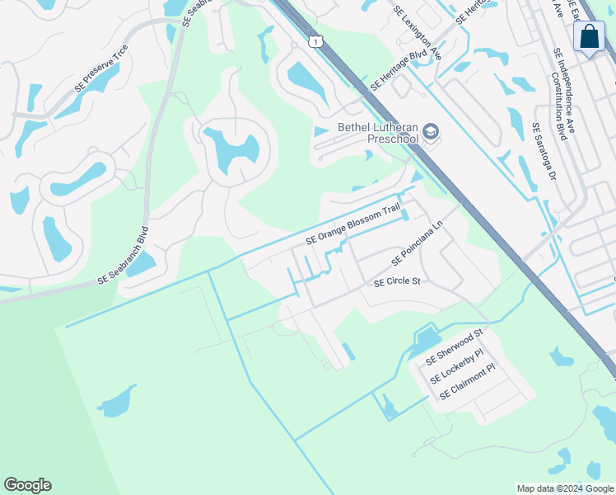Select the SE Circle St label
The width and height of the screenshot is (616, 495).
pos(397,282)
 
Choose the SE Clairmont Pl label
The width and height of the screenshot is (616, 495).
pos(469,384)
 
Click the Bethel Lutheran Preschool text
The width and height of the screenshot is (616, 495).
pos(378,133)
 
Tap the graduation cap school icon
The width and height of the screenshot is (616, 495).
pos(431,132)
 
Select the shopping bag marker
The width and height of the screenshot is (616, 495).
pos(589,36)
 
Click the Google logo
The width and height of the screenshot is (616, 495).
pos(27,485)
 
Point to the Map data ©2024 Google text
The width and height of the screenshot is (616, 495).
pos(564,488)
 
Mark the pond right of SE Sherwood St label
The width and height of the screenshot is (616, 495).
pos(562,357)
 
